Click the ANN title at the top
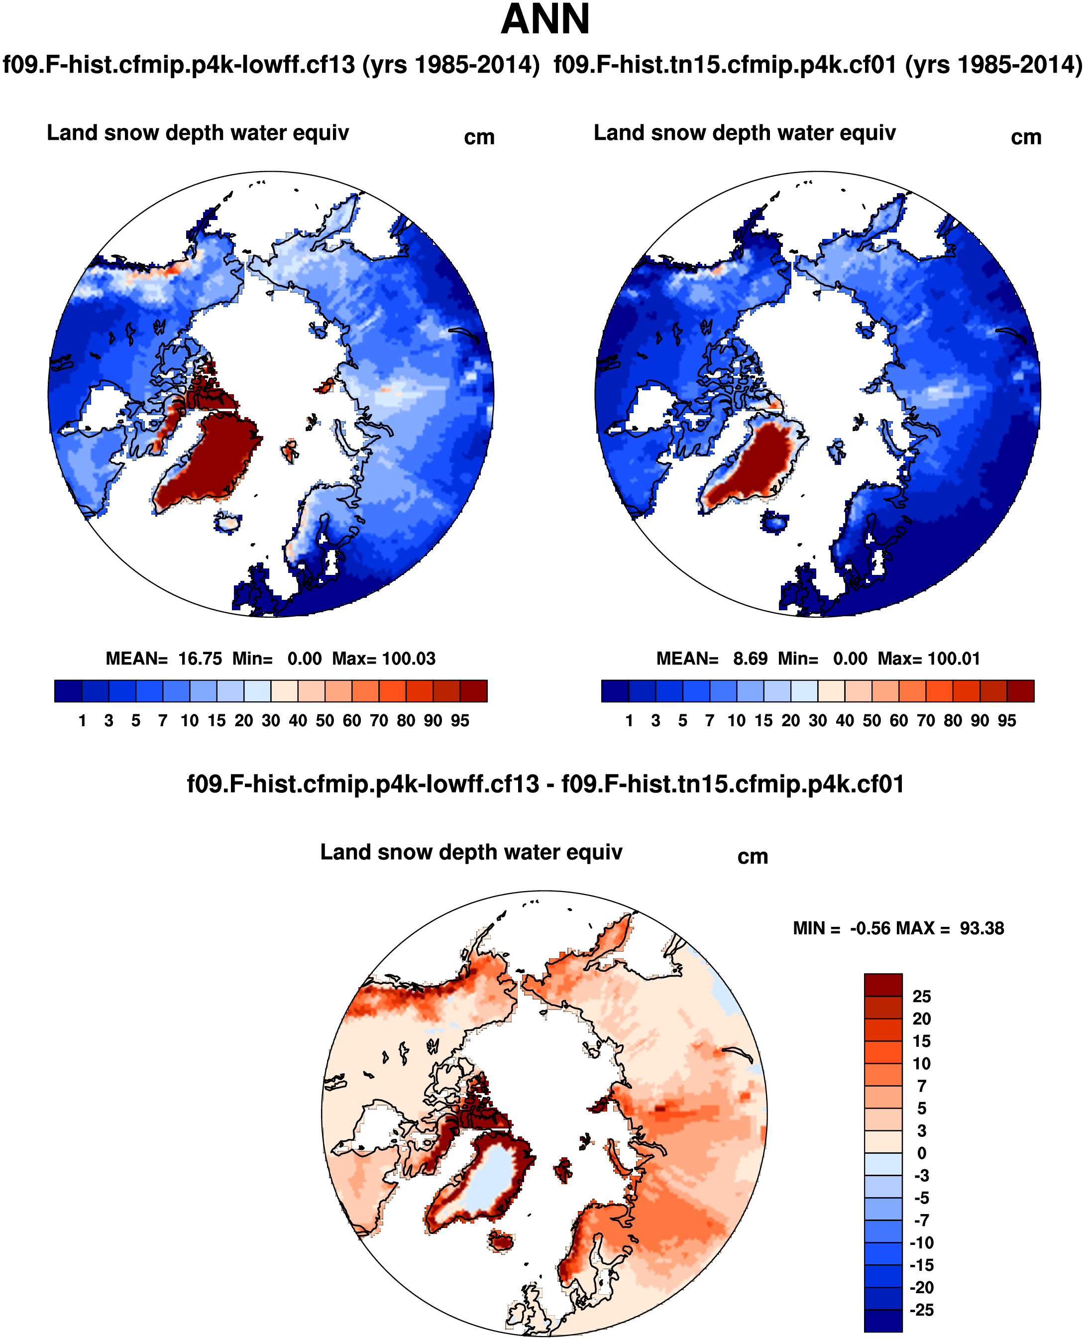point(545,20)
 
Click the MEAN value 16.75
point(200,659)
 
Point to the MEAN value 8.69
point(750,659)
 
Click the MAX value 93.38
point(982,928)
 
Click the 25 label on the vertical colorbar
point(921,996)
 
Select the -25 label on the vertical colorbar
point(921,1310)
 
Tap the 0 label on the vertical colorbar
point(921,1153)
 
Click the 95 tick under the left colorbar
point(460,721)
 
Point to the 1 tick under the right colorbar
point(629,721)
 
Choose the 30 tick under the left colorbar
point(271,721)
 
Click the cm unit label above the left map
point(479,137)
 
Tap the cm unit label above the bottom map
point(753,857)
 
